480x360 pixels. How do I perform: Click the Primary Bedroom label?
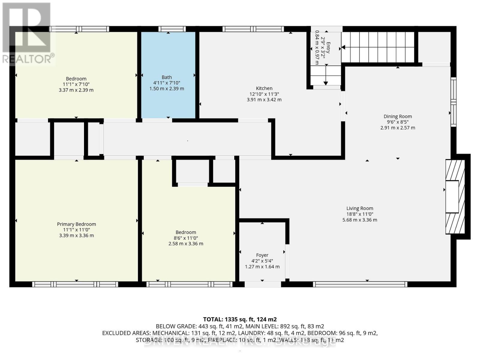coord(76,224)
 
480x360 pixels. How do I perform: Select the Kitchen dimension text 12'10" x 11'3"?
coord(264,94)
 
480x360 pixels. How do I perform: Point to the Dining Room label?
coord(397,116)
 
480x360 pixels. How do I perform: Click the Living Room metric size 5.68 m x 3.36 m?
coord(360,220)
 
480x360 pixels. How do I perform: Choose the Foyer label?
coord(262,255)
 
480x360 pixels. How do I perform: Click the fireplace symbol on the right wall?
coord(455,197)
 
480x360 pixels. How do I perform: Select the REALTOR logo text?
coord(28,59)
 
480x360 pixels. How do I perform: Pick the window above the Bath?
coord(172,29)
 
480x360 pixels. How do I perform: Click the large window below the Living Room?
coord(360,284)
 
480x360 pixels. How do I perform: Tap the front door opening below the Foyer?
coord(262,284)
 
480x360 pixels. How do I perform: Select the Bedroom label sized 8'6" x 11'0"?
coord(186,232)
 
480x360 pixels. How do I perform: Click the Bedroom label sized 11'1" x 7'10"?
coord(76,79)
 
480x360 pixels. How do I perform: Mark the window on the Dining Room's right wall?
coord(453,102)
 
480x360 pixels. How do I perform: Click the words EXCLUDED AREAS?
coord(126,333)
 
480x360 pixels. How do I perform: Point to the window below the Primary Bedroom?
coord(75,284)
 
